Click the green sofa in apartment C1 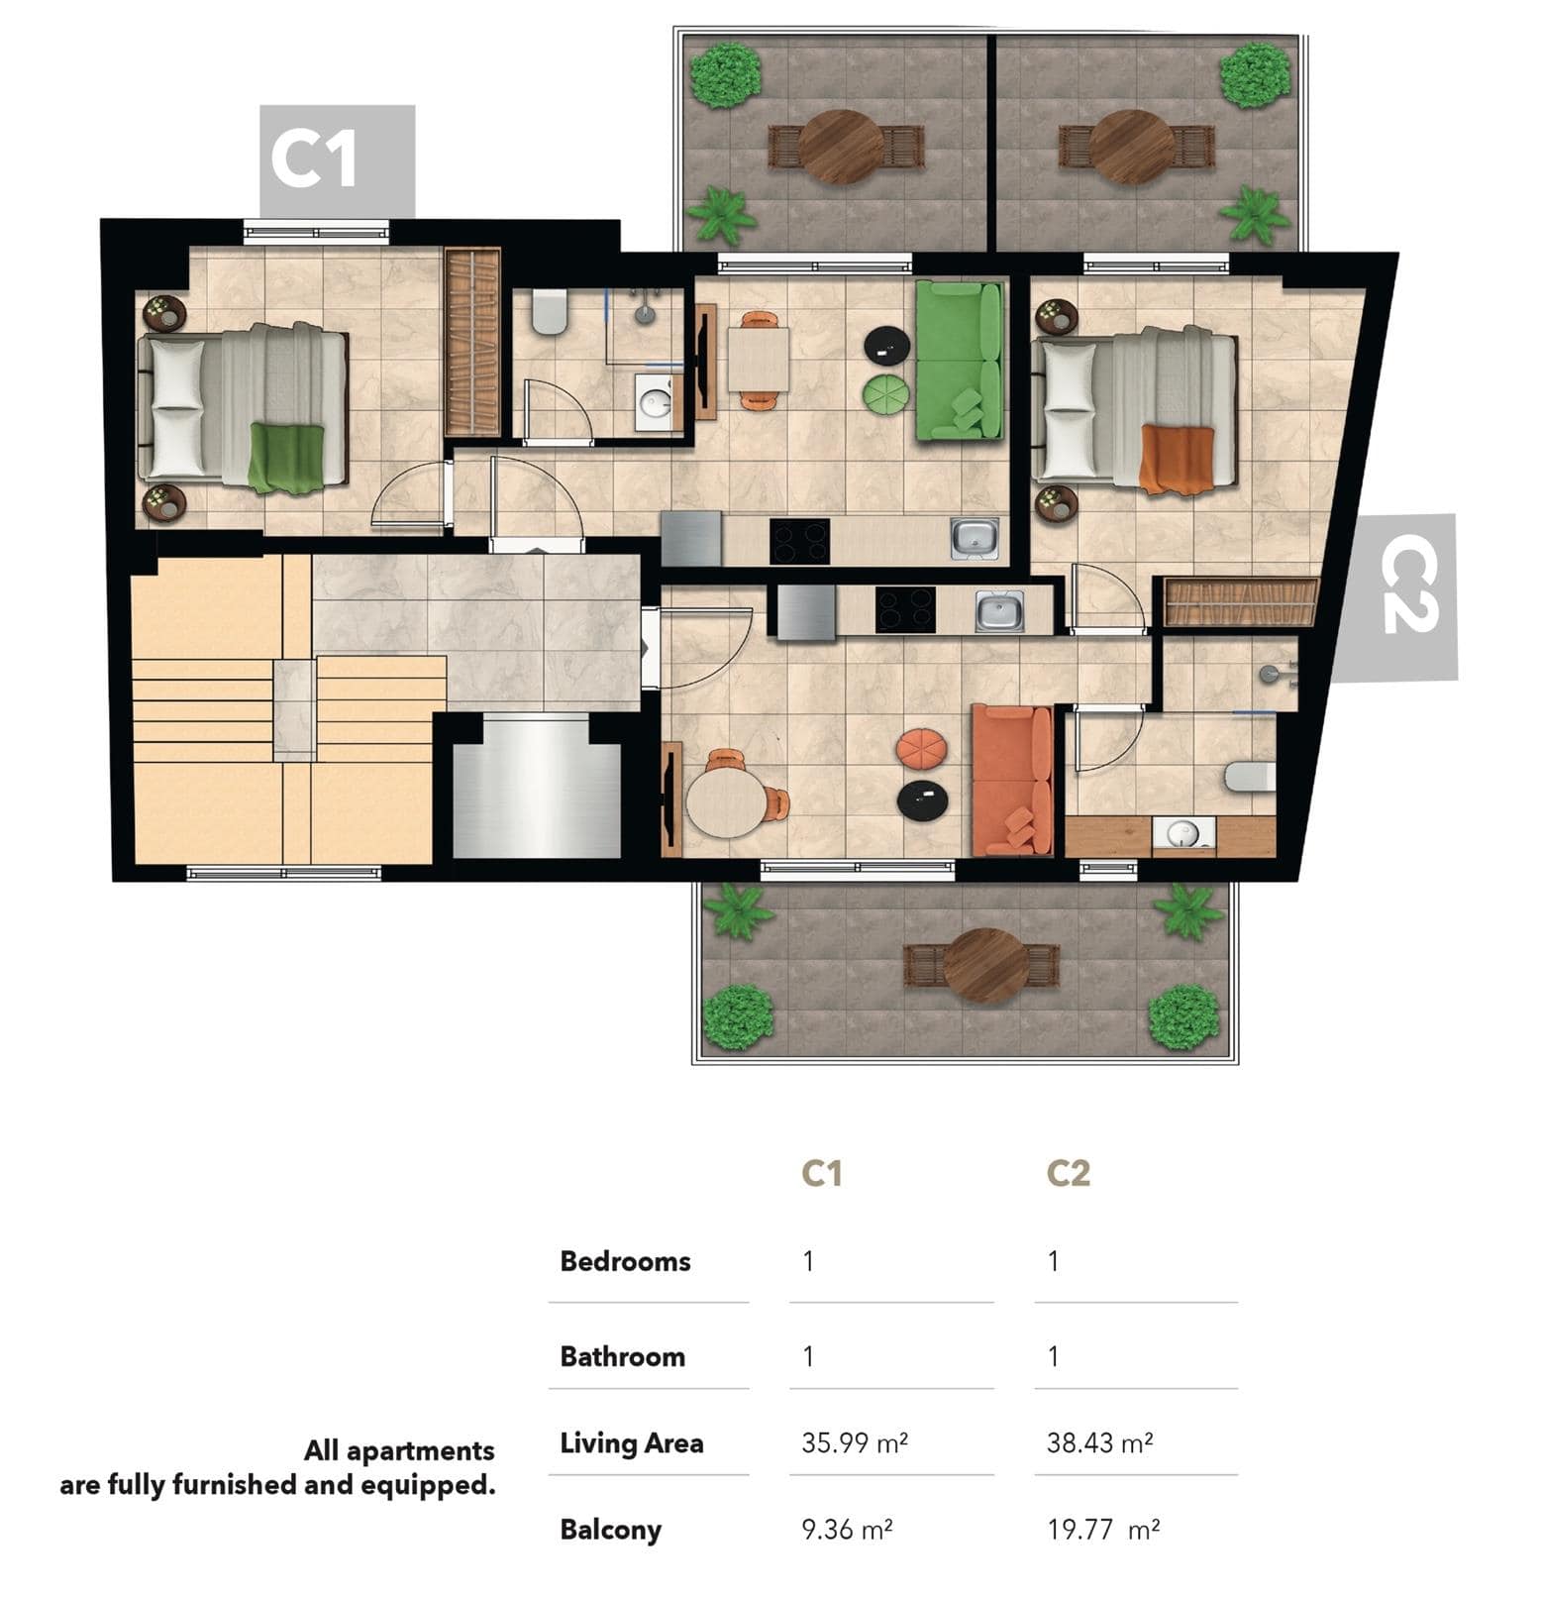tap(959, 360)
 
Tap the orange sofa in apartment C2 tap(1011, 780)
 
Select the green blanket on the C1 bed tap(286, 458)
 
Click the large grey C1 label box tap(337, 160)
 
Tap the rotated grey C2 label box tap(1395, 598)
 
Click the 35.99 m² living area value tap(855, 1442)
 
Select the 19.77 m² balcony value tap(1103, 1530)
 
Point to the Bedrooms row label tap(625, 1261)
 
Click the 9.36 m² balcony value tap(847, 1530)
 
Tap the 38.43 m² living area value tap(1099, 1442)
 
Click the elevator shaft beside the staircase tap(537, 789)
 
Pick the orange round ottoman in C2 tap(921, 748)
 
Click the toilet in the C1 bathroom tap(549, 311)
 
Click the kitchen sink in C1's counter tap(975, 538)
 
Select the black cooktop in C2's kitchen tap(905, 609)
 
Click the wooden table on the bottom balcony tap(985, 965)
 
